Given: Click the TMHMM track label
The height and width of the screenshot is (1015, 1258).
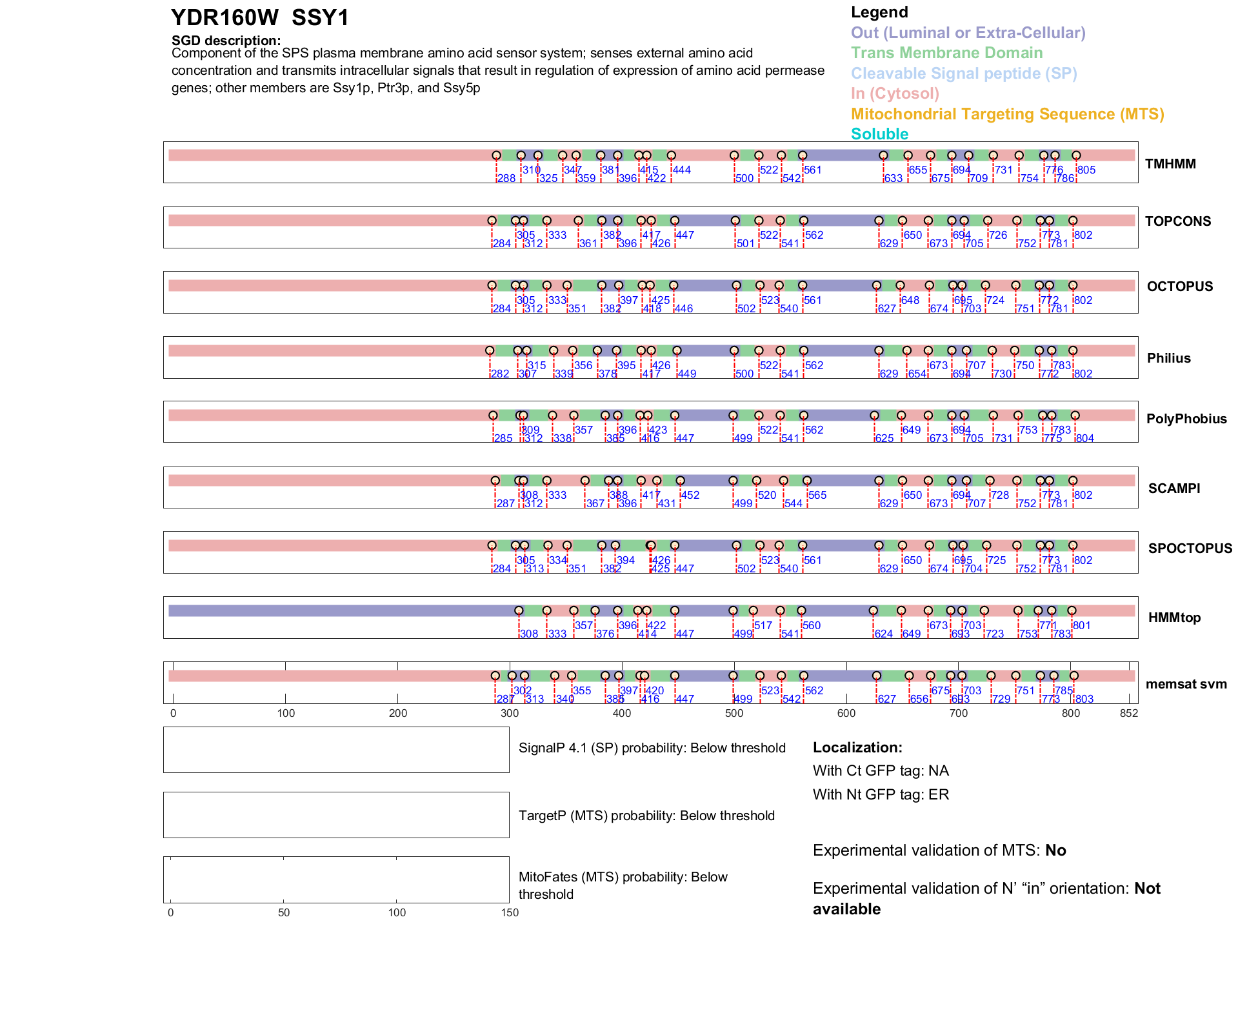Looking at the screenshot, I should point(1170,164).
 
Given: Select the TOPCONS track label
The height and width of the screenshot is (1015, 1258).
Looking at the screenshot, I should point(1178,221).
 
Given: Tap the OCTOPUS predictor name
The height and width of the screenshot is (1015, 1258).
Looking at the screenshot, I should point(1180,286).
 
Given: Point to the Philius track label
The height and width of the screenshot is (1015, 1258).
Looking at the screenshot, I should point(1169,358).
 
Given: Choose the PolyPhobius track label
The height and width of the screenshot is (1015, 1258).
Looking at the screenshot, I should point(1186,419).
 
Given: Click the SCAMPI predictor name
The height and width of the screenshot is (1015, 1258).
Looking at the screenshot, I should point(1174,488).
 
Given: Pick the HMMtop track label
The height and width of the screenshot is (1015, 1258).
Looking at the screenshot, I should point(1174,618).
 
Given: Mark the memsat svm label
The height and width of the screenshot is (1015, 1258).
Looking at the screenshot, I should point(1186,684).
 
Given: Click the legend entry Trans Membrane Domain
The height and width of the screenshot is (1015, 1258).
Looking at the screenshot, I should point(946,53).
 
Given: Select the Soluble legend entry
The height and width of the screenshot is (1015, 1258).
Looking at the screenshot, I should point(879,134).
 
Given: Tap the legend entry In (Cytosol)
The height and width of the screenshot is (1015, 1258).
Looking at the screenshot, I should point(895,94).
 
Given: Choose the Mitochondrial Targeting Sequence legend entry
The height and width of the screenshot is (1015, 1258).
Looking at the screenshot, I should point(1007,114).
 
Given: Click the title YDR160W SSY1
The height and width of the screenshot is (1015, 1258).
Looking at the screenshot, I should point(260,18).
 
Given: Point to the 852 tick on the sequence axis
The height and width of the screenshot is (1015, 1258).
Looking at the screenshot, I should point(1129,713).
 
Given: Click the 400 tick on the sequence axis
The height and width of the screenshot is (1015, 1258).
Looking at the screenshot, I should point(622,713).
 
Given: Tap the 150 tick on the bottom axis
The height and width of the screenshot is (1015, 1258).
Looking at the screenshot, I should point(510,912).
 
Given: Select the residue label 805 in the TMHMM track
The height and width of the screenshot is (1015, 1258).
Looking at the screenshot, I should point(1086,170).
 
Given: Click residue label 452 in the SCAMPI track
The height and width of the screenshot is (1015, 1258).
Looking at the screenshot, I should point(690,495).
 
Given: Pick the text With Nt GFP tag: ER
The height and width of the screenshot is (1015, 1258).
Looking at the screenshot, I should point(881,794).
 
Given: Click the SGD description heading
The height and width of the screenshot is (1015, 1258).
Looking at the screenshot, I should point(226,41).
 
